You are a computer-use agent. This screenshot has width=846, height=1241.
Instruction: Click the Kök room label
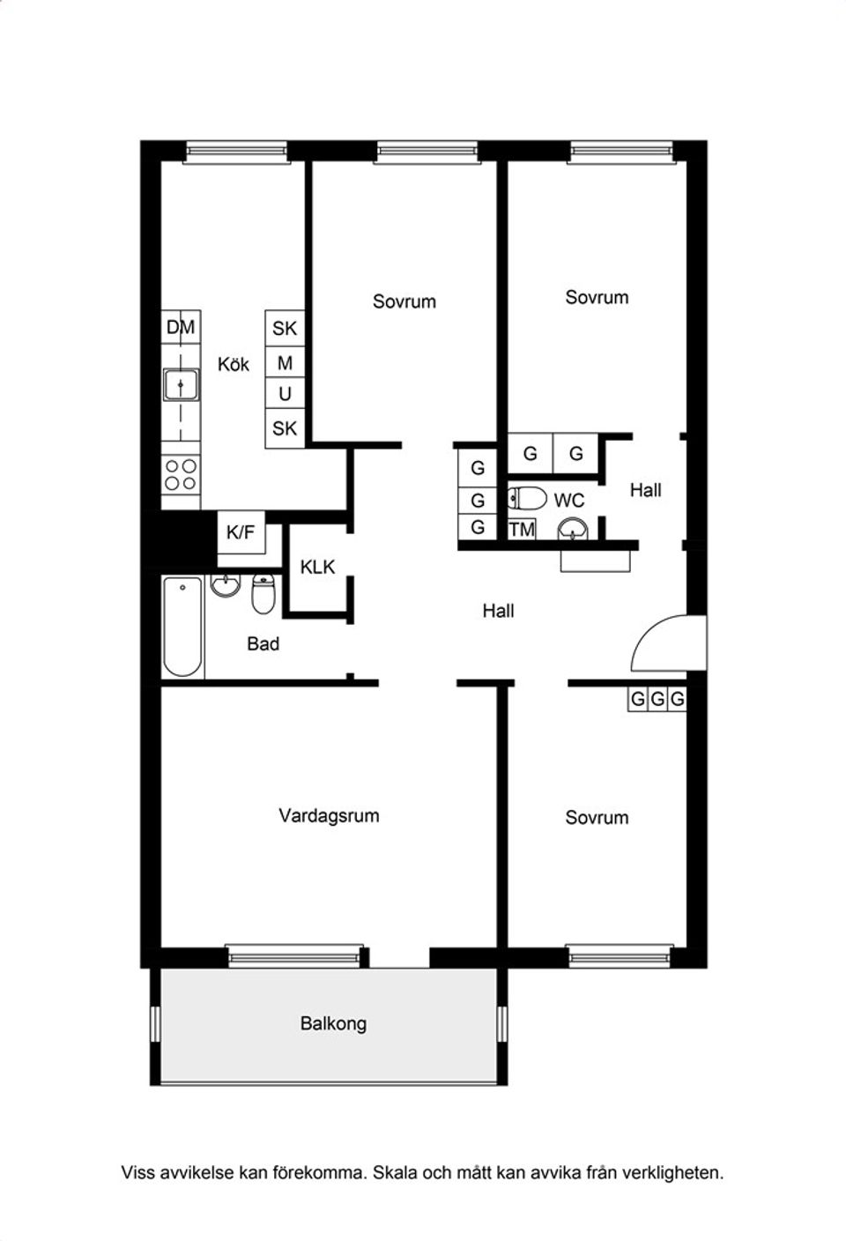click(234, 365)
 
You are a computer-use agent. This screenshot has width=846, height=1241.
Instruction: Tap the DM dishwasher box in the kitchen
click(181, 327)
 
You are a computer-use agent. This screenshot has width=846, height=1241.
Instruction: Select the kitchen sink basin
click(181, 384)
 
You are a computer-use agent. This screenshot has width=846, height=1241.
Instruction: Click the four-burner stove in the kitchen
click(181, 475)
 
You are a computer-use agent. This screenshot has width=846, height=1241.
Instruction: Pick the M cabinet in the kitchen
click(285, 363)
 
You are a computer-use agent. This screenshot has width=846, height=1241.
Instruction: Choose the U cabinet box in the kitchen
click(285, 394)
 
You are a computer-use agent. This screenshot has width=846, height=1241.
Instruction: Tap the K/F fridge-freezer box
click(241, 531)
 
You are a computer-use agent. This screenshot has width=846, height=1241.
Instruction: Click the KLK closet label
click(317, 567)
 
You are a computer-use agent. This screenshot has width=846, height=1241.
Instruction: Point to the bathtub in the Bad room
click(182, 627)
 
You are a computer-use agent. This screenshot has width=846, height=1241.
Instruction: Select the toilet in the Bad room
click(263, 594)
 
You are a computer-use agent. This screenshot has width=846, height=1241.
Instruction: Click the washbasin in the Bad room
click(225, 586)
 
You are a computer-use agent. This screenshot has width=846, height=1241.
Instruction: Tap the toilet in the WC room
click(528, 498)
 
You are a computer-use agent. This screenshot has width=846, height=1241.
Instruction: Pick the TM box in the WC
click(522, 530)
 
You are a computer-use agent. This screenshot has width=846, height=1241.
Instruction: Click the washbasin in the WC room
click(573, 529)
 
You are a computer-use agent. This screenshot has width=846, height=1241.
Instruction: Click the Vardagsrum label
click(329, 815)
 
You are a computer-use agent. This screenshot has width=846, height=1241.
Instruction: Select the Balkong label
click(333, 1023)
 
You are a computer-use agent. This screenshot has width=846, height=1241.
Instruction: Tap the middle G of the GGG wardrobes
click(657, 699)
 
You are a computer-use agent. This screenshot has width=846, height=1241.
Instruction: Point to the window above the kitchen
click(237, 152)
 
